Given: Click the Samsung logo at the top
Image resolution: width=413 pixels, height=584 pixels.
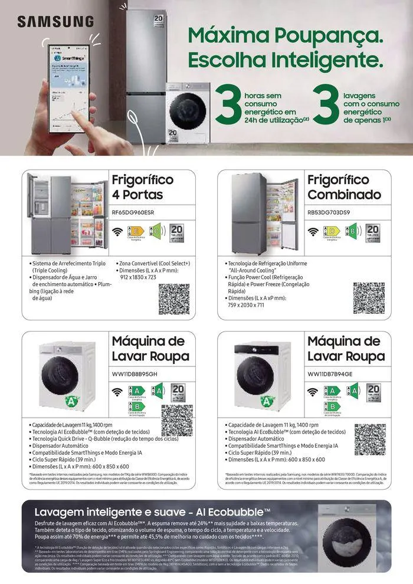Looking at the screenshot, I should point(55,22).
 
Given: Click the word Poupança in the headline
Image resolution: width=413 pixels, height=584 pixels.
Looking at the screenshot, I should point(332,35).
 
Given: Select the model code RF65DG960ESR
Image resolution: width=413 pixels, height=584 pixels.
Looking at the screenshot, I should point(133,212).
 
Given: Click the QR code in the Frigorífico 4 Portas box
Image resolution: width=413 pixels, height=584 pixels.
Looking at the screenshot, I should point(173,298).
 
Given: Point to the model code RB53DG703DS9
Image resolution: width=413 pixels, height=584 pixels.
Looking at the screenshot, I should point(329,212).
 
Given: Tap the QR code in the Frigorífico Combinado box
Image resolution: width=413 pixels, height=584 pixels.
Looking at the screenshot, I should point(369,298).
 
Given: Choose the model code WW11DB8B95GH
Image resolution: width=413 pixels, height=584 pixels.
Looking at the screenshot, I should point(134,374).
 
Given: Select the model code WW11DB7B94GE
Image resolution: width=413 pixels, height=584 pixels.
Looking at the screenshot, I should point(330,374).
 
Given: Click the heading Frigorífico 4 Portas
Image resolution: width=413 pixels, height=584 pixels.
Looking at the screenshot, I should point(142,187).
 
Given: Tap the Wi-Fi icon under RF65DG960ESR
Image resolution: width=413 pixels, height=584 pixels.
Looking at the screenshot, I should point(118,231).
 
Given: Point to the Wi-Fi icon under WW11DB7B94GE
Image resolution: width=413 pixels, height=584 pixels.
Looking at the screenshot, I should point(313,392).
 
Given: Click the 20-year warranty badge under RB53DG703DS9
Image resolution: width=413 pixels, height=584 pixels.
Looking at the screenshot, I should point(373,232).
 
